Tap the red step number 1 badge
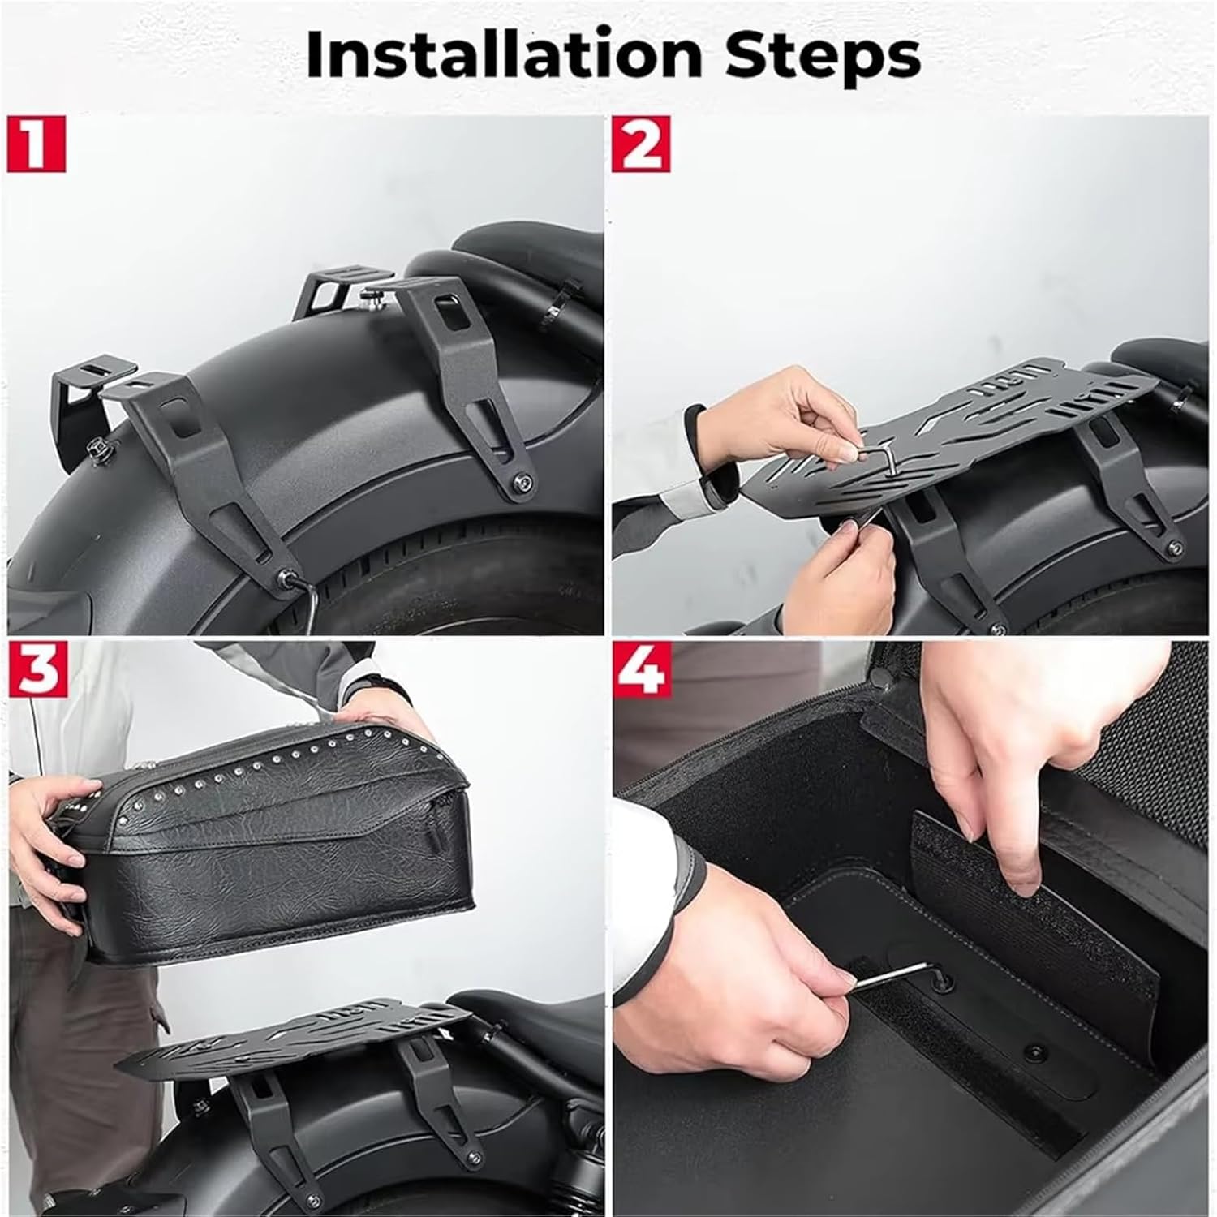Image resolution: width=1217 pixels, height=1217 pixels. [36, 144]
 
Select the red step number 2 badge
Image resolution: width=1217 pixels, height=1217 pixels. [646, 144]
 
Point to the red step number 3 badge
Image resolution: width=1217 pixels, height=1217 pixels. [36, 669]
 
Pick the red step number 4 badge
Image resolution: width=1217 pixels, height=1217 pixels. [646, 669]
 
